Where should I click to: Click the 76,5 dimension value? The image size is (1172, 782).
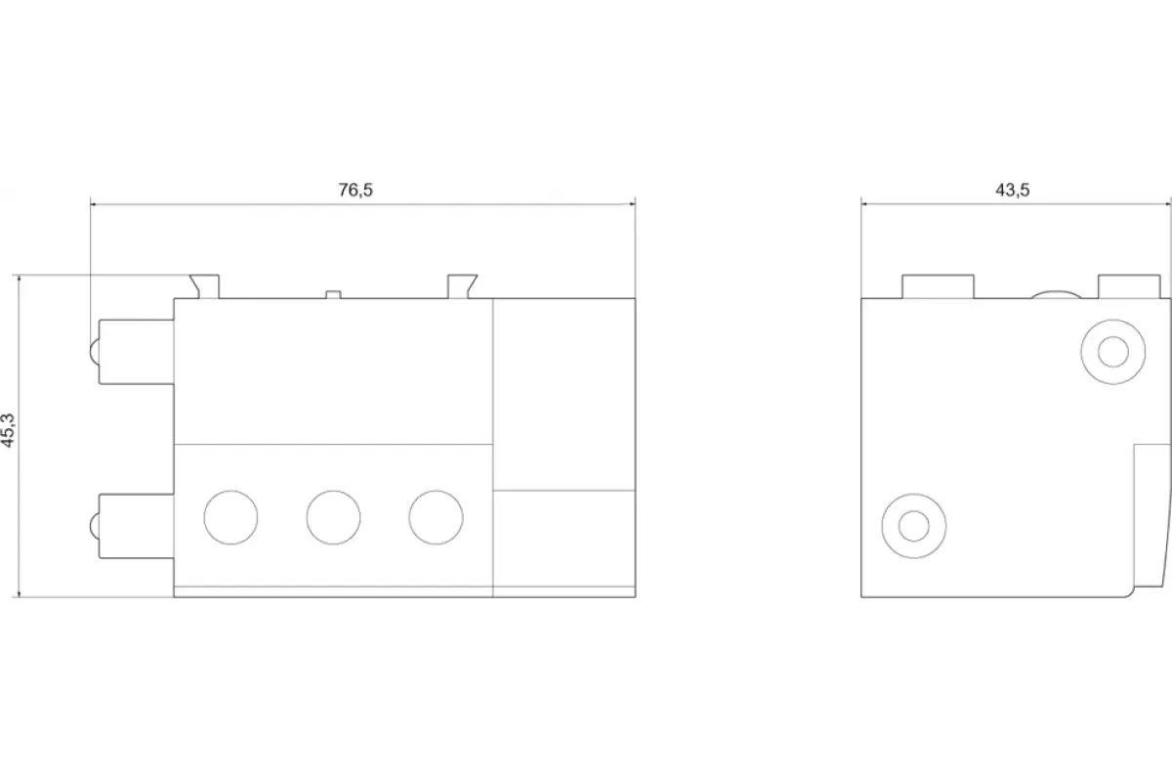[356, 190]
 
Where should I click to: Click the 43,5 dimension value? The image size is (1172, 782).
[1013, 190]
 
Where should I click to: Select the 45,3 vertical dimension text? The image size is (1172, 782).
[9, 430]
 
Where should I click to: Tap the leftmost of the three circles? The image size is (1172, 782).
[230, 517]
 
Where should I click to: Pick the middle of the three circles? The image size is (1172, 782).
[333, 517]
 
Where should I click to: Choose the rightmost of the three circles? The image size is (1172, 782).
[436, 517]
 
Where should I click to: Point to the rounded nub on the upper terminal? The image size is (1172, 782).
[94, 352]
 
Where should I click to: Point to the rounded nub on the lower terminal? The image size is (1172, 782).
[94, 525]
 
